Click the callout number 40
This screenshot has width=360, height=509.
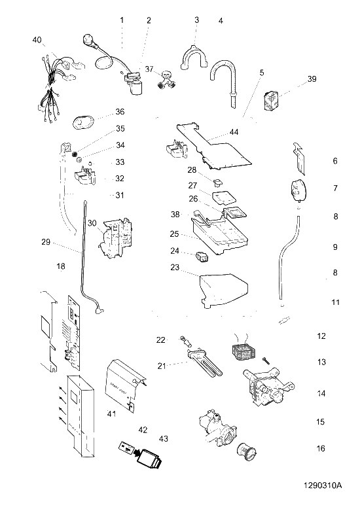[x=37, y=40]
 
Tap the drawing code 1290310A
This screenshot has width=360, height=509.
[x=323, y=485]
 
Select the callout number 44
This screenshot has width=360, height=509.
[x=234, y=132]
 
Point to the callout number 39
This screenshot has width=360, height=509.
[x=312, y=79]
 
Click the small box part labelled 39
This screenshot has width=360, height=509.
[x=270, y=101]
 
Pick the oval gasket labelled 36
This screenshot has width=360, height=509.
[x=84, y=123]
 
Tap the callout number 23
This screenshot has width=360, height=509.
[x=175, y=267]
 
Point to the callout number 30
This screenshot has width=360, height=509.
[x=92, y=223]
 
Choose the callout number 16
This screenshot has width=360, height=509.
[x=321, y=448]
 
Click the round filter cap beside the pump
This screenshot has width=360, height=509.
[x=247, y=451]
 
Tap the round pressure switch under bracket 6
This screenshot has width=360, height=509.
[x=298, y=190]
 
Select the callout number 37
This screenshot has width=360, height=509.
[x=149, y=69]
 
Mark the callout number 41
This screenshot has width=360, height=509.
[x=112, y=413]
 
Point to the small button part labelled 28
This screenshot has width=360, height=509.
[x=218, y=183]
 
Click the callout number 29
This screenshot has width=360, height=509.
[x=46, y=242]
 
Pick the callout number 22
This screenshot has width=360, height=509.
[x=161, y=340]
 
